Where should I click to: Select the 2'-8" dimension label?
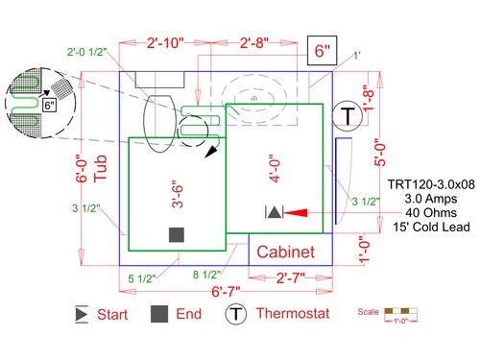point(260,44)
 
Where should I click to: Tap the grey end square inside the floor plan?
point(177,234)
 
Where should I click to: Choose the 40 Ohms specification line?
point(431,212)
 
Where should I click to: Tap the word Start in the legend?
point(113,314)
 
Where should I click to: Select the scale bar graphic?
point(398,312)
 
